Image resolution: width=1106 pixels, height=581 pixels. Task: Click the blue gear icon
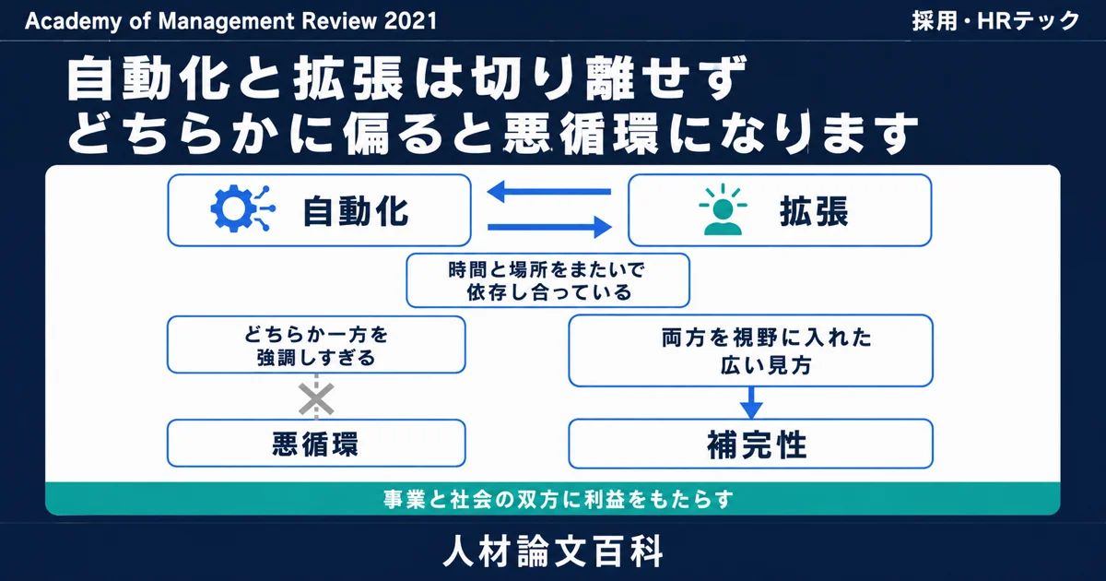(x=242, y=208)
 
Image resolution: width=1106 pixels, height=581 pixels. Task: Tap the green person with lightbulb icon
(x=723, y=209)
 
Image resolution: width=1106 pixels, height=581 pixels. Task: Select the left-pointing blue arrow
(x=549, y=192)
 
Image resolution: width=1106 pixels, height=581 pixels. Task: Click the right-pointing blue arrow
(x=549, y=227)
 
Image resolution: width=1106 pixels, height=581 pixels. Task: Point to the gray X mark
(x=316, y=398)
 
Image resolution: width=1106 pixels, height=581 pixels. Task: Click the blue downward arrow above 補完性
(x=751, y=403)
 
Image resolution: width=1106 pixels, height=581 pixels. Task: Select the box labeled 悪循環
(x=316, y=444)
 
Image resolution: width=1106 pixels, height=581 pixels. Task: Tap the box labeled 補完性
(x=750, y=444)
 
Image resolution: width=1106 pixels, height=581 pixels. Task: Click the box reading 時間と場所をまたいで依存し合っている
(x=547, y=280)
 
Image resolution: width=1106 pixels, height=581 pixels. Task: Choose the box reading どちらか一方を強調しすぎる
(x=316, y=345)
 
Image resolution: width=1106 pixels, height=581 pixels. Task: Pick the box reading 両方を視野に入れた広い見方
(x=750, y=350)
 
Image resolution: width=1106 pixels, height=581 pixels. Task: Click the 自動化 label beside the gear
(x=356, y=211)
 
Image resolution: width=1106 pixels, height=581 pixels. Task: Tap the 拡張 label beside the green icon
(x=814, y=211)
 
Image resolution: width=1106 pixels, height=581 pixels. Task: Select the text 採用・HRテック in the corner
(x=995, y=21)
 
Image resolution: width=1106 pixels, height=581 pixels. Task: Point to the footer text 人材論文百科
(x=553, y=551)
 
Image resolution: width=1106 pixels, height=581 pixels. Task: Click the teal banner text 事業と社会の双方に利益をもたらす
(x=558, y=500)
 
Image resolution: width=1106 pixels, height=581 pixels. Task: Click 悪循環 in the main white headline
(x=582, y=134)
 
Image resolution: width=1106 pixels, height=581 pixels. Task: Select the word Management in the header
(x=226, y=22)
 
